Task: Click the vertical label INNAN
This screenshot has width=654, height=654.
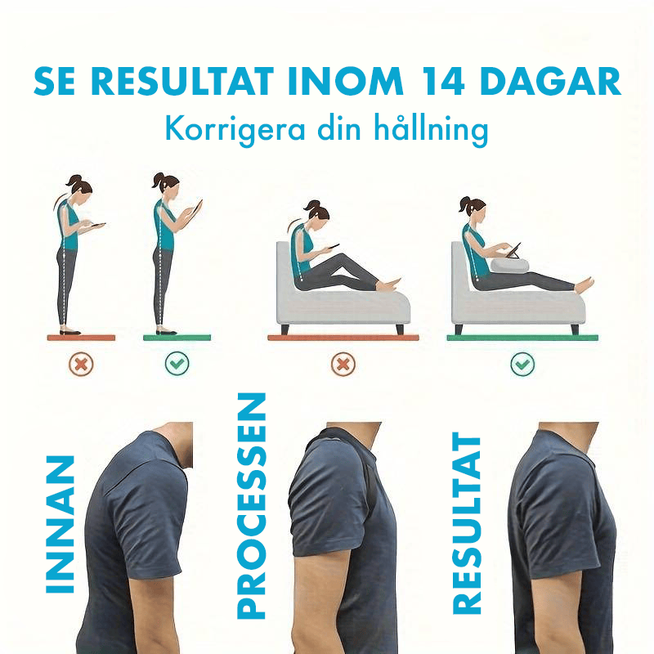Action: click(61, 523)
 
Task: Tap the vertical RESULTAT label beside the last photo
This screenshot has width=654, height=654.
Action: click(468, 523)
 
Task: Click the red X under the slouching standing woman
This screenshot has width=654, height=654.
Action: click(81, 364)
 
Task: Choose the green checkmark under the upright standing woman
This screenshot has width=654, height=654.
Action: click(177, 364)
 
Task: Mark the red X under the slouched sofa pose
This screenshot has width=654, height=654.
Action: click(343, 364)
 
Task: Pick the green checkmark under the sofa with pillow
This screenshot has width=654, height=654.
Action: click(522, 364)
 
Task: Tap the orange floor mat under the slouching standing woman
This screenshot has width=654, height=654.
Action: click(81, 337)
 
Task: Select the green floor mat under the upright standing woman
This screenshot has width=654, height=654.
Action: click(177, 337)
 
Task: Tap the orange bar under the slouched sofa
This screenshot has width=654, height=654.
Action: click(343, 337)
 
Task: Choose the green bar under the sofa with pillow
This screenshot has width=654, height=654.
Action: click(522, 337)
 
